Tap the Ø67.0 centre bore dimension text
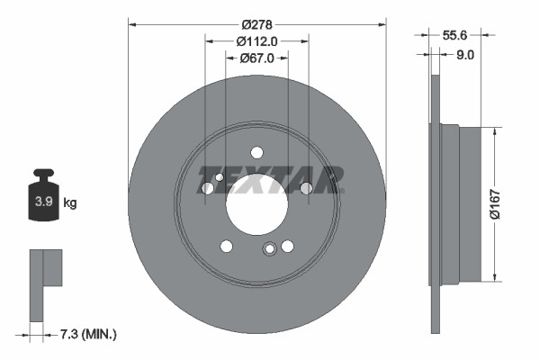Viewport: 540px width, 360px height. [257, 58]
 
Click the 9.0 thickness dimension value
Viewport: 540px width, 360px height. [465, 54]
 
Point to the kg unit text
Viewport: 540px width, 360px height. [70, 202]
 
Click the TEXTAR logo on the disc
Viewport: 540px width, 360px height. [269, 179]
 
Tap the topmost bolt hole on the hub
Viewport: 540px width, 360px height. [256, 152]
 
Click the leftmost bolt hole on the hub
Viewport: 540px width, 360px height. [208, 188]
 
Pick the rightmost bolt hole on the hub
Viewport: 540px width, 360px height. [306, 187]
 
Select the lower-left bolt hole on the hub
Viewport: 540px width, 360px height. [227, 246]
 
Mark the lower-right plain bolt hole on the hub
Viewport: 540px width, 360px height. [287, 246]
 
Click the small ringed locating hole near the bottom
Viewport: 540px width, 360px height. [268, 251]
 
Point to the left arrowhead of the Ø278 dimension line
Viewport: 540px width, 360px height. [131, 24]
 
